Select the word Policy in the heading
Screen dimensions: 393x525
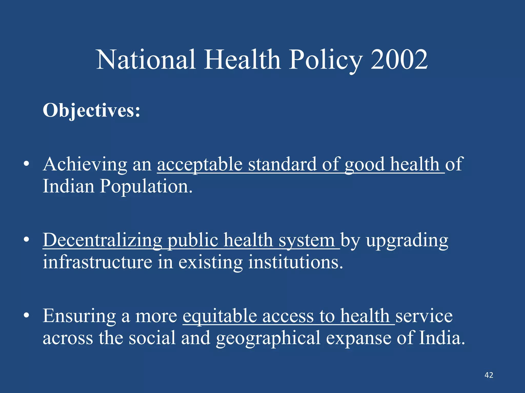(326, 60)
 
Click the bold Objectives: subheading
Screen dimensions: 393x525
(92, 111)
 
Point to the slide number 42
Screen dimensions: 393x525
(489, 375)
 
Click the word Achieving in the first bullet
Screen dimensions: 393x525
(85, 164)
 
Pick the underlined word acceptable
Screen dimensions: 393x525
(200, 164)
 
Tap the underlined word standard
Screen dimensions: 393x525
(282, 164)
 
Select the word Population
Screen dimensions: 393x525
(146, 186)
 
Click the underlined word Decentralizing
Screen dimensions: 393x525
(102, 241)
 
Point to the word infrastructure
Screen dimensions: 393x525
(97, 262)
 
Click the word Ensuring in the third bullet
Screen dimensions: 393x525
(79, 316)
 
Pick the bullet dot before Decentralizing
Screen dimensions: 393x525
(26, 240)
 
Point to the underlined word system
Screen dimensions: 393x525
(307, 241)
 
